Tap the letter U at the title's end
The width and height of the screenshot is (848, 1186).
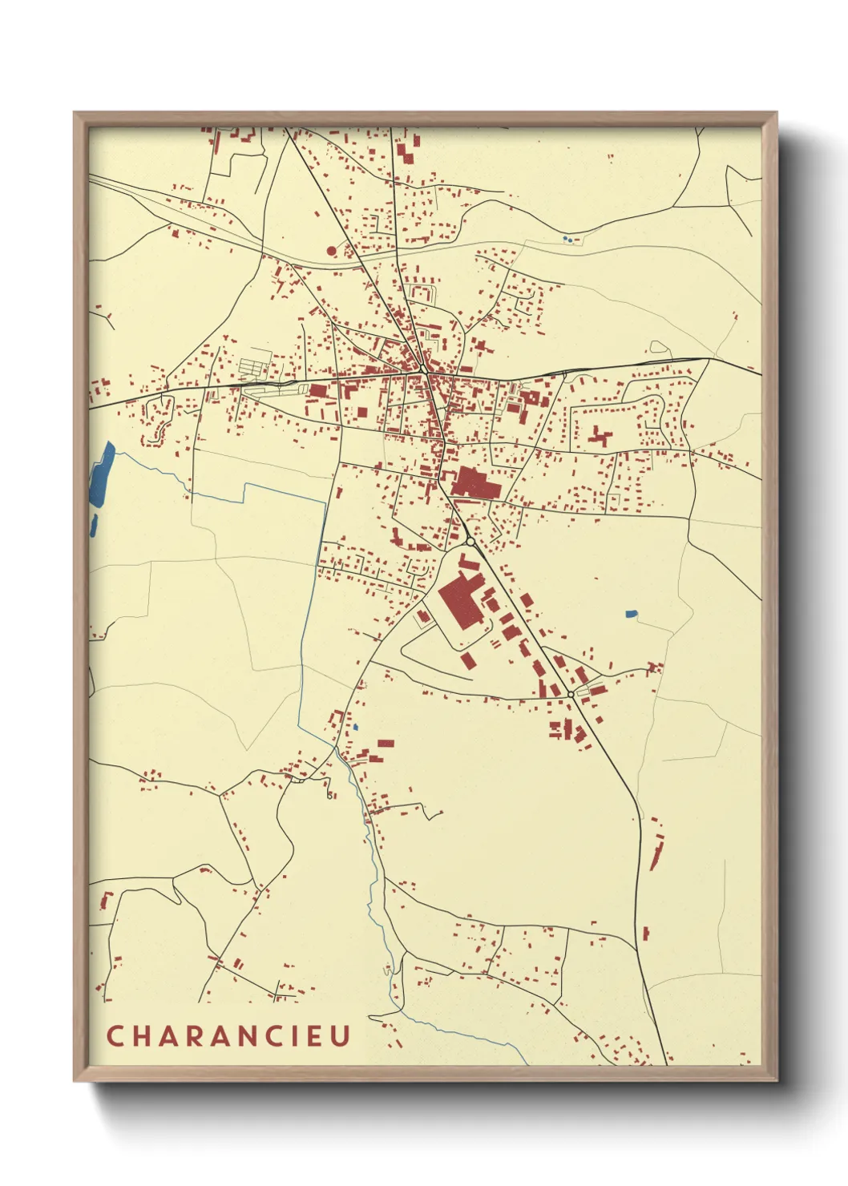tap(341, 1035)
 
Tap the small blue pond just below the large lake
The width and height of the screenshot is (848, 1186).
tap(94, 525)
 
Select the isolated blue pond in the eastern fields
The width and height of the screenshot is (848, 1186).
tap(632, 615)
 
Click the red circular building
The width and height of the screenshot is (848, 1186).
tap(332, 251)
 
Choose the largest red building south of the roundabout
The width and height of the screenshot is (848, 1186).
tap(459, 601)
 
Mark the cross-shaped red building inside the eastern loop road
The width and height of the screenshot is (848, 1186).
tap(600, 437)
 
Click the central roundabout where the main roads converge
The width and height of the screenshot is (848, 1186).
tap(422, 369)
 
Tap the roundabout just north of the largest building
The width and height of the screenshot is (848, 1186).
tap(470, 542)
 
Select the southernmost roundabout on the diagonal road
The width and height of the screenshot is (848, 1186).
tap(570, 694)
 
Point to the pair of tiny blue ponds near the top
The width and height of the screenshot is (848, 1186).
tap(567, 239)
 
